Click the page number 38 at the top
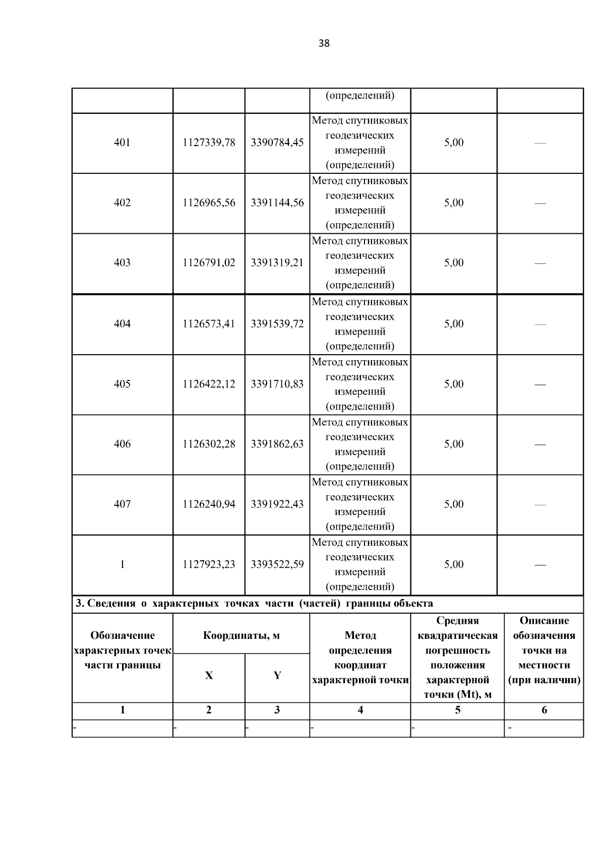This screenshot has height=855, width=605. point(324,43)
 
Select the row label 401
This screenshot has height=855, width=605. point(122,143)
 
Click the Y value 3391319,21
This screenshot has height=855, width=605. point(277,262)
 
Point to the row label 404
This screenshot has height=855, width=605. point(122,323)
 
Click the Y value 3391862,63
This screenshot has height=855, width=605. point(277,444)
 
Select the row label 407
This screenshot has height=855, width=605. point(122,504)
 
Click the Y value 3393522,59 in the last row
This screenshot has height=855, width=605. point(277,564)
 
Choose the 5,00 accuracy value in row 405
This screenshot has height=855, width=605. point(454,384)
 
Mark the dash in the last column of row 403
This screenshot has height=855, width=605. point(540,263)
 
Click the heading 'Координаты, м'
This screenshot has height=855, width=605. point(241,635)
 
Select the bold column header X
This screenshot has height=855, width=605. point(209,676)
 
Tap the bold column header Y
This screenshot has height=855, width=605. point(277,676)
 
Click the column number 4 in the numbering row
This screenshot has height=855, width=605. point(360,710)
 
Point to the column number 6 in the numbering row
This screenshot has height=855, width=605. point(544,710)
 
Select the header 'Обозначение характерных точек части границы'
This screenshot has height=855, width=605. point(123,650)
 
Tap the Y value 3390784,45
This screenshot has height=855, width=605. point(277,143)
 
